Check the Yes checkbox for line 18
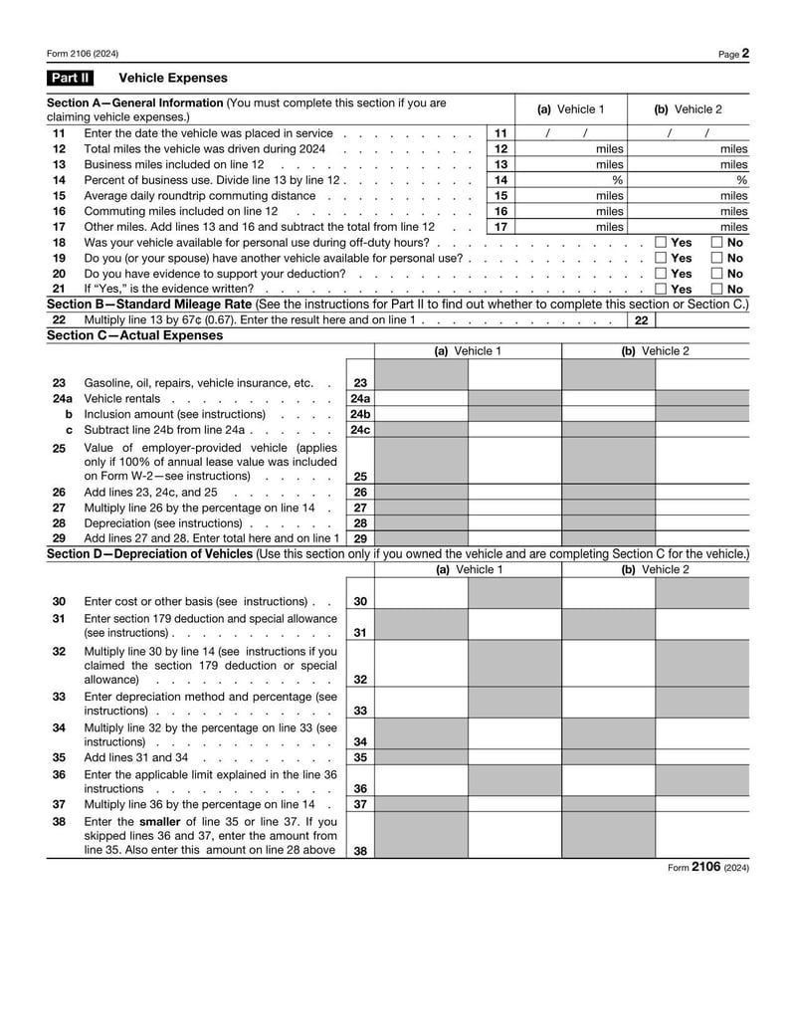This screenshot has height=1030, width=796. (x=661, y=243)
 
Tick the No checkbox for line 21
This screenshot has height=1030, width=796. (x=716, y=289)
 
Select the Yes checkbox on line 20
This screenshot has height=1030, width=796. (x=661, y=274)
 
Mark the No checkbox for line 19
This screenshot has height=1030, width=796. (x=716, y=258)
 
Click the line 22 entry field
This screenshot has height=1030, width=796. (x=702, y=320)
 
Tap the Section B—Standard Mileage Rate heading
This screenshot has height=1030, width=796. (x=150, y=304)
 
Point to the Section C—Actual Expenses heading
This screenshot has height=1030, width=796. (x=135, y=335)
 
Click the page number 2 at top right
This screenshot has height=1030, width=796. (x=745, y=54)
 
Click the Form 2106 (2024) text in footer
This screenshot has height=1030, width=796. (x=708, y=868)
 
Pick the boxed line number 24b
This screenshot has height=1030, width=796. (x=360, y=414)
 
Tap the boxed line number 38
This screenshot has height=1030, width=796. (x=360, y=851)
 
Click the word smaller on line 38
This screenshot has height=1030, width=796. (x=160, y=821)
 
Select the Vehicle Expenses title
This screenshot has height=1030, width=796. (x=173, y=78)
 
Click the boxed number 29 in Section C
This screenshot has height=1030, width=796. (x=360, y=538)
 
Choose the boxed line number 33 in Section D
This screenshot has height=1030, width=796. (x=360, y=712)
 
